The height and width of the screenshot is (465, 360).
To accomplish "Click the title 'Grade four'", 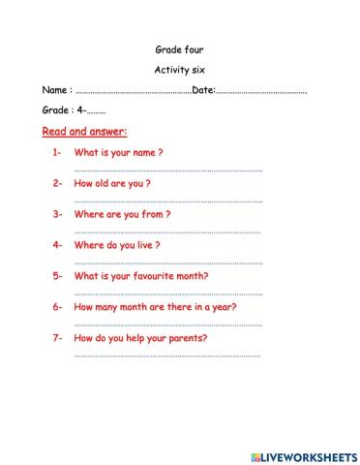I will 179,49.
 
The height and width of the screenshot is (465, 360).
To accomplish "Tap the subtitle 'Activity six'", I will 179,70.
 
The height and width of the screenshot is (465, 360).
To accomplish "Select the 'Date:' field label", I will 203,91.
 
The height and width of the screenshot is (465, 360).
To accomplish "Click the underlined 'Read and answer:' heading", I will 85,132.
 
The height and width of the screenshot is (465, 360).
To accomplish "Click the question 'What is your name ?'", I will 118,153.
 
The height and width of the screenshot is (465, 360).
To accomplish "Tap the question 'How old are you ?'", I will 112,183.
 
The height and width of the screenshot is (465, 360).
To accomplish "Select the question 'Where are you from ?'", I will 122,214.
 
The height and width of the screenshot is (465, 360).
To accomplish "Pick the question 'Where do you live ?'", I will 117,245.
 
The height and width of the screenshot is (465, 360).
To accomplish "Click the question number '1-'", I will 57,153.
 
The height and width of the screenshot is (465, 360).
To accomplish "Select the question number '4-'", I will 57,245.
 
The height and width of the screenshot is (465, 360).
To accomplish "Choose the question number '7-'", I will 57,338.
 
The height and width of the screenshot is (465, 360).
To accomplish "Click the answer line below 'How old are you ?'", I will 167,201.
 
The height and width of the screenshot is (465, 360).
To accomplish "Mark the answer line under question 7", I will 167,356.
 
